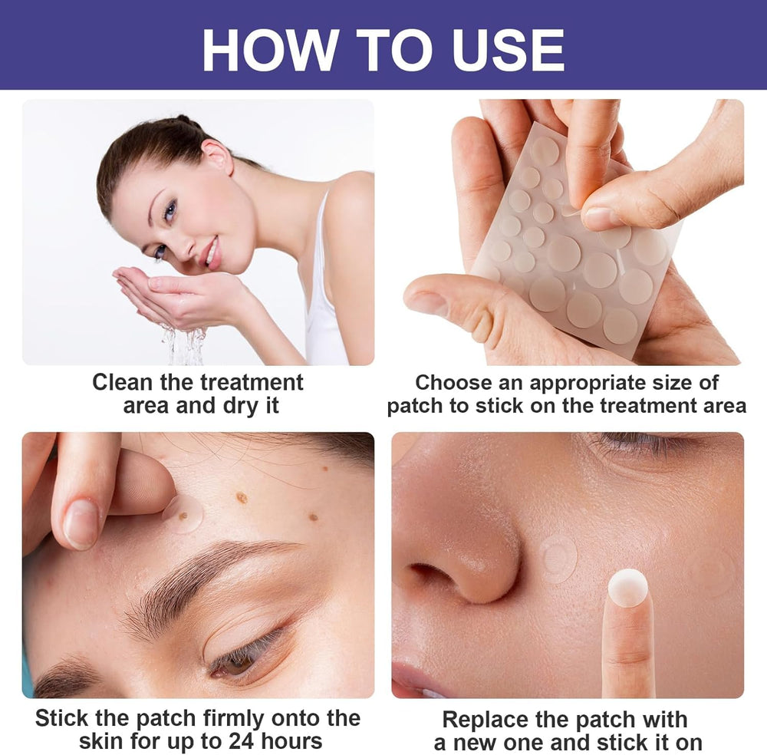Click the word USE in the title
click(x=509, y=50)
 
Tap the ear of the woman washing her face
click(x=217, y=155)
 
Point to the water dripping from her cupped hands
click(x=184, y=345)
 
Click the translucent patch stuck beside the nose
click(x=558, y=559)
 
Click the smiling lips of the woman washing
click(x=210, y=252)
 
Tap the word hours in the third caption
click(x=291, y=741)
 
